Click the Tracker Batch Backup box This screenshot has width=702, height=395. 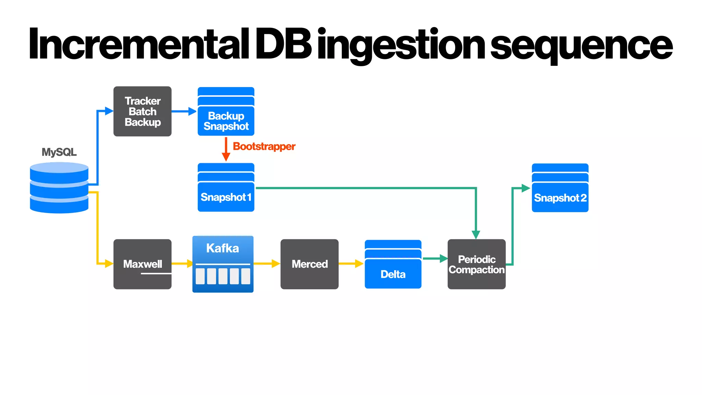point(142,111)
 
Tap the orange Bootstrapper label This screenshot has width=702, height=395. point(264,146)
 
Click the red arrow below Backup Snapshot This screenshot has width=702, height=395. point(226,149)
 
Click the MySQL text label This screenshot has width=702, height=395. point(59,152)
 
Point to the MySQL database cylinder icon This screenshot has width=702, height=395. point(59,188)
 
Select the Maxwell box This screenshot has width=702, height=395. point(142,264)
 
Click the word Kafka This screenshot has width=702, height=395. point(222,248)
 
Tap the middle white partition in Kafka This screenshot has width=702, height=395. point(223,276)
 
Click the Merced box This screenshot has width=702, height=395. point(309,264)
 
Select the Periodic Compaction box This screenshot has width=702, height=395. point(476,264)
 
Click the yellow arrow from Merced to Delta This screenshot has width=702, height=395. point(351,263)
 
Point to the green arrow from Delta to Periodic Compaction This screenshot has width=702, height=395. point(435,259)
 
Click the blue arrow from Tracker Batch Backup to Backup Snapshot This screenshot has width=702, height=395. point(184,111)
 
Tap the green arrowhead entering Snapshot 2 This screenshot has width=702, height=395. point(526,188)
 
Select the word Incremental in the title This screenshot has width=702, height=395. point(139,45)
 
